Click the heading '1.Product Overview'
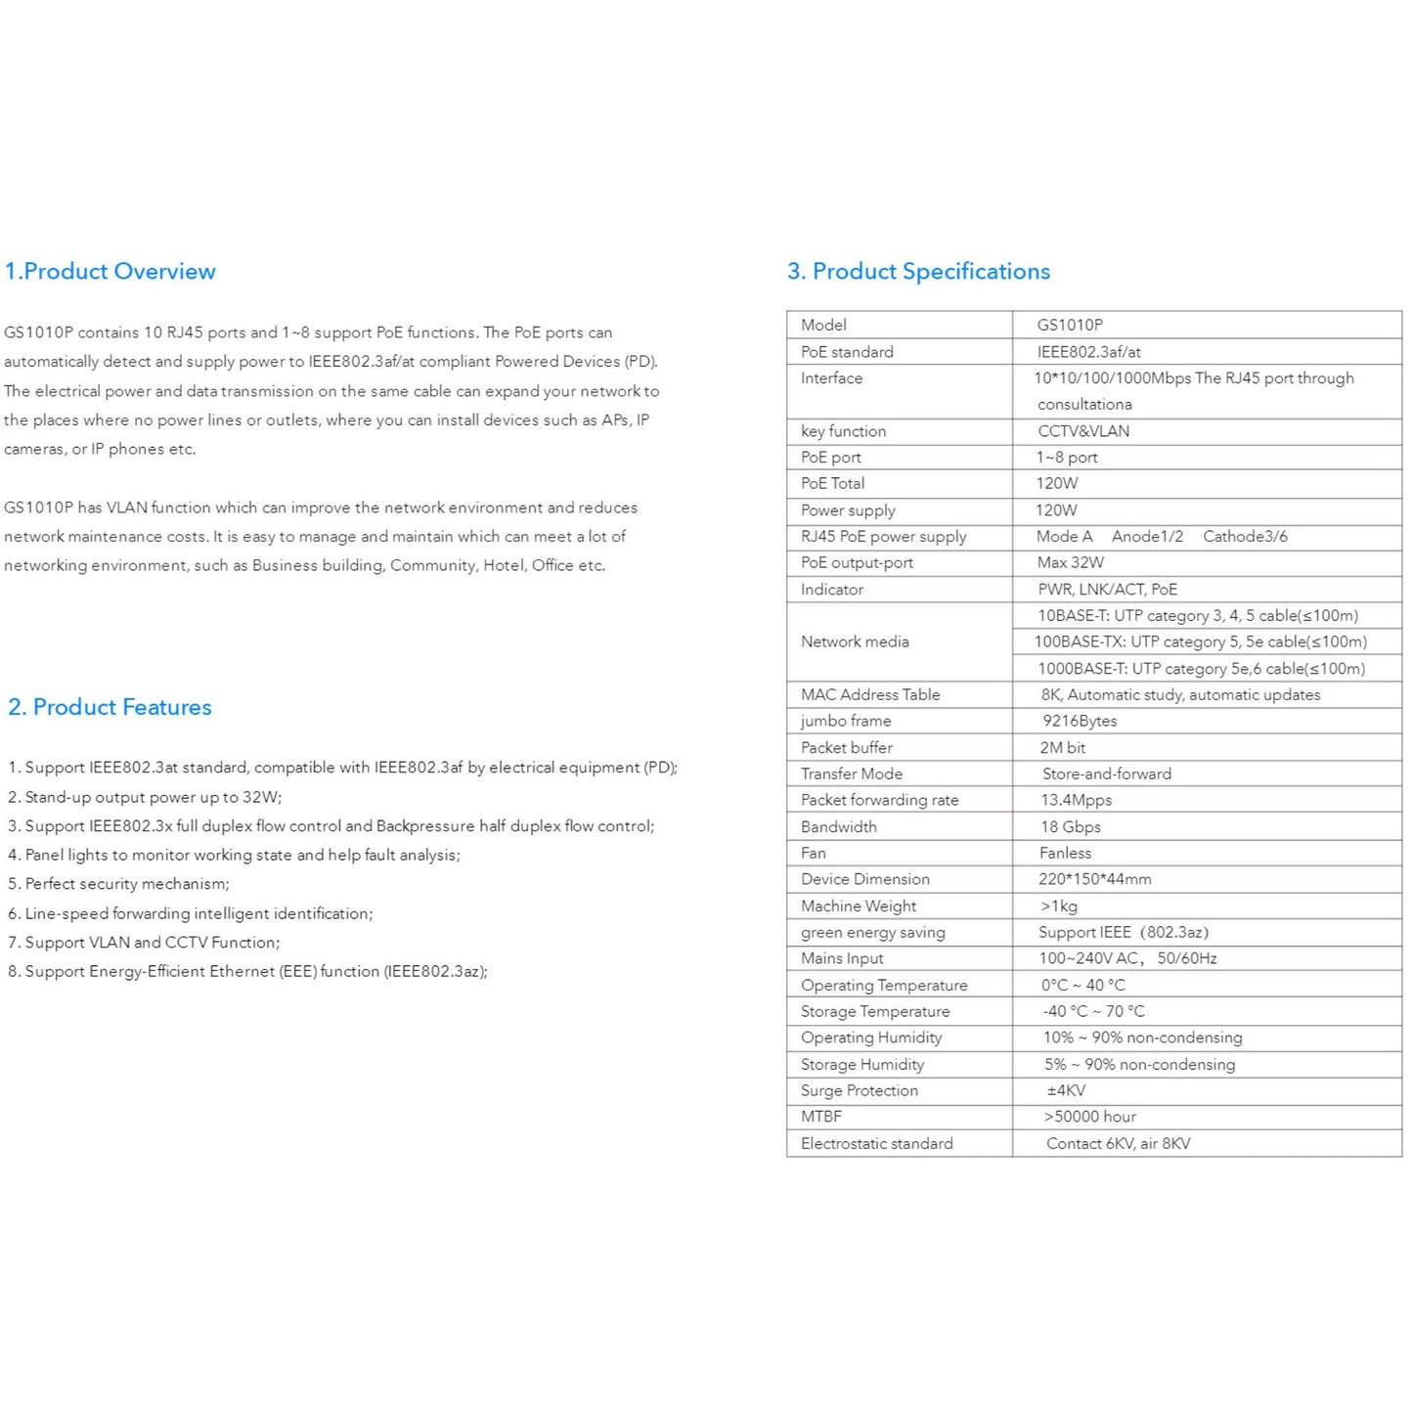point(110,272)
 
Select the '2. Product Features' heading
point(110,707)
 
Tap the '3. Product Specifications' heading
point(918,272)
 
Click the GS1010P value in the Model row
point(1070,325)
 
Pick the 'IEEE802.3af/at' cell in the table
point(1088,352)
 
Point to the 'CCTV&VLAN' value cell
point(1083,431)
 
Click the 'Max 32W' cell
point(1070,562)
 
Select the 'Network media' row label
point(855,641)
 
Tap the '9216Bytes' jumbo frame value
point(1080,721)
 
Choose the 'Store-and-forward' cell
point(1106,773)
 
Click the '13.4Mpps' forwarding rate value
point(1076,800)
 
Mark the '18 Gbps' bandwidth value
point(1071,826)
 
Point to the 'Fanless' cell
point(1065,853)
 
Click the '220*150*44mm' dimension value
point(1094,879)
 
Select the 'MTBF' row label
point(820,1117)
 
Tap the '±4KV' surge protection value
point(1066,1090)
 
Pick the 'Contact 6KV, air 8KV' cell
point(1118,1143)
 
